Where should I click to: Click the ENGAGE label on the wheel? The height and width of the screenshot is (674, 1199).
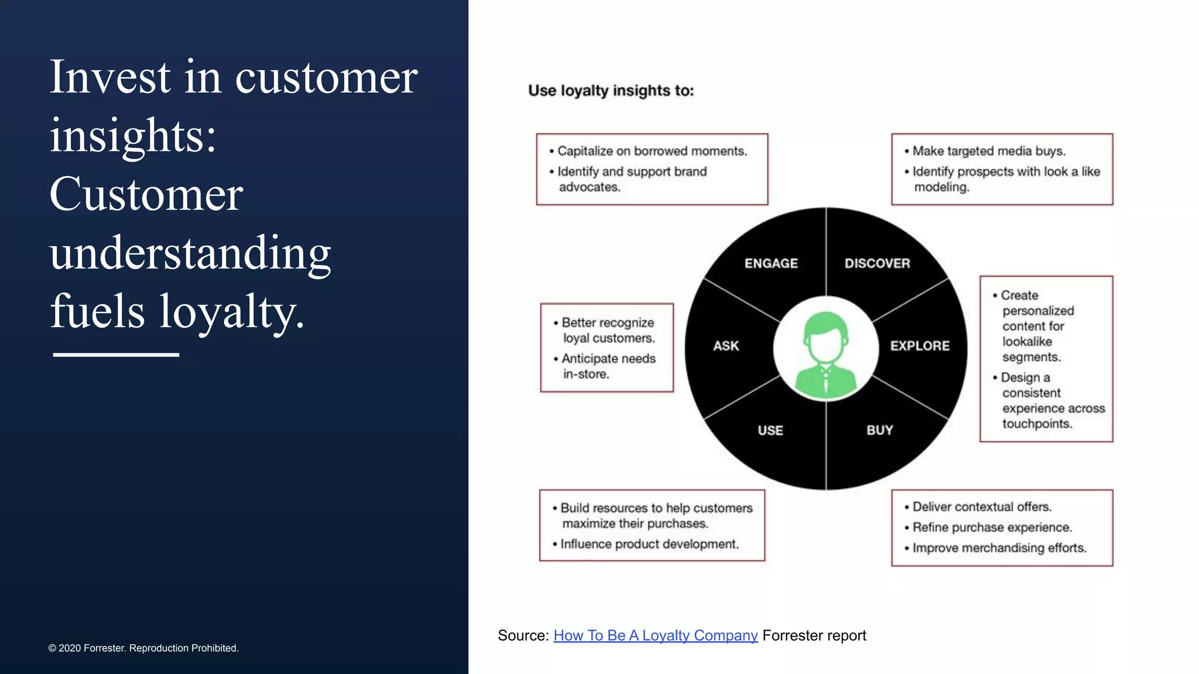tap(771, 263)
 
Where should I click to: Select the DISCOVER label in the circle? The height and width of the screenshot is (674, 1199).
tap(877, 263)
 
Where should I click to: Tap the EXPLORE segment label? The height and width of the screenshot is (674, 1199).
tap(920, 346)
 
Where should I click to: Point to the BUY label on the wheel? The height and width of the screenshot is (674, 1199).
tap(879, 430)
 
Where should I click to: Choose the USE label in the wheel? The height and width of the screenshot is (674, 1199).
tap(770, 430)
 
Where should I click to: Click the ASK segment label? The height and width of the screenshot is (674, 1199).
tap(726, 346)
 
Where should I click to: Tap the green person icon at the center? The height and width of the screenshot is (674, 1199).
tap(825, 354)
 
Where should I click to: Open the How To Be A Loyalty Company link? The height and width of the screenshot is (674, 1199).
tap(655, 635)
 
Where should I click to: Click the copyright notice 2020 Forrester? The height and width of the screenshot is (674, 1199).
tap(143, 648)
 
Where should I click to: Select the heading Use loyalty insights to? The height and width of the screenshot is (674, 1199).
tap(611, 91)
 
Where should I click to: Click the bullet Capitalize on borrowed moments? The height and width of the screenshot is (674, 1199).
tap(652, 151)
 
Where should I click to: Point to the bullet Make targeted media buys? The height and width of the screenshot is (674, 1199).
tap(988, 151)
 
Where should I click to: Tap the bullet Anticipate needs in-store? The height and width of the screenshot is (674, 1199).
tap(608, 366)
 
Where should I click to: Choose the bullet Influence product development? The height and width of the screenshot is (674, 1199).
tap(649, 544)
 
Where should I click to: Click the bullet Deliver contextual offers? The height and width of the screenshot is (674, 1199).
tap(981, 507)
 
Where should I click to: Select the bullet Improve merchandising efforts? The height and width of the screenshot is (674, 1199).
tap(999, 548)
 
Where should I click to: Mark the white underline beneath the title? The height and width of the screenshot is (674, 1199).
tap(116, 355)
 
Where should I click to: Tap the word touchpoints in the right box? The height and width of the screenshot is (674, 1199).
tap(1037, 424)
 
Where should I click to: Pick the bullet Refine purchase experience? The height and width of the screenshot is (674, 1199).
tap(992, 527)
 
